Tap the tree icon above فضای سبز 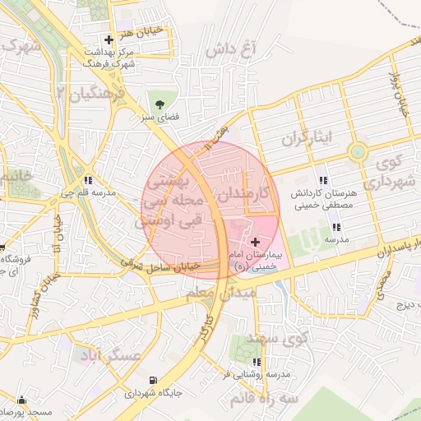tap(160, 104)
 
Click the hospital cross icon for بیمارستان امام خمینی tap(255, 242)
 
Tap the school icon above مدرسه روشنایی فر tap(257, 361)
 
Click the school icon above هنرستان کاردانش tap(323, 179)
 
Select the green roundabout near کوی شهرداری tap(358, 152)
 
